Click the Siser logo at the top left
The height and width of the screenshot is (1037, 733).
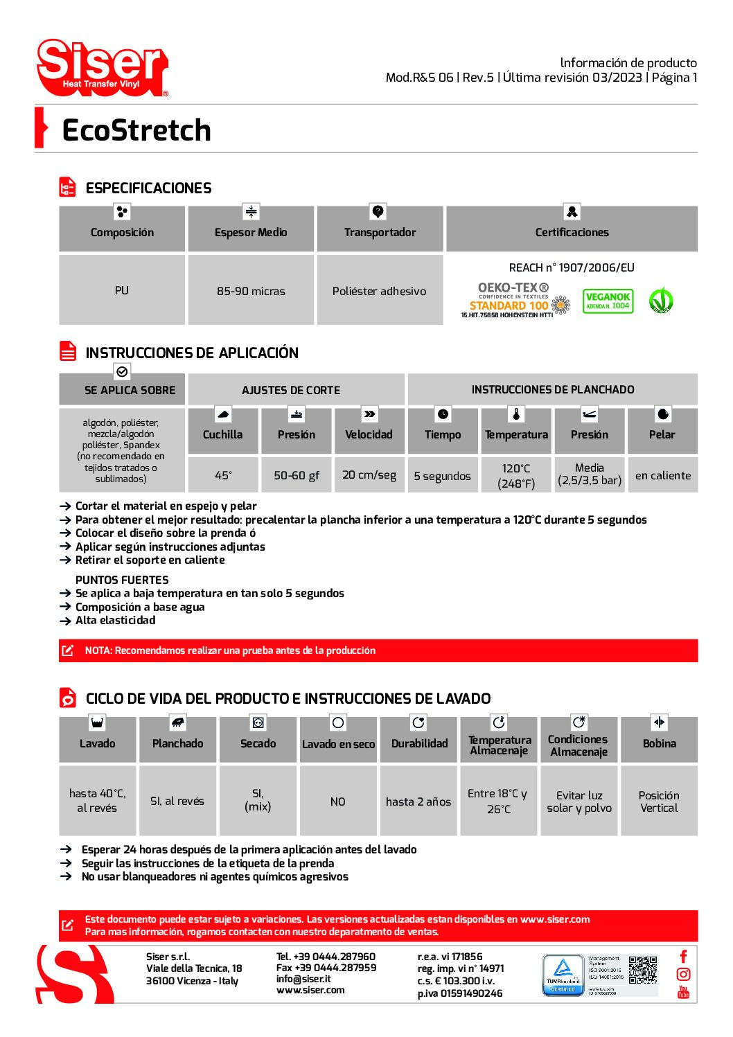102,67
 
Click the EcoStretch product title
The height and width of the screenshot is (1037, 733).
136,130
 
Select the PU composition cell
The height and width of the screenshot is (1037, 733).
122,290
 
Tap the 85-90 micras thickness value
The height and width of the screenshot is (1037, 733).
251,291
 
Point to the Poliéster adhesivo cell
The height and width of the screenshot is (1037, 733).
379,291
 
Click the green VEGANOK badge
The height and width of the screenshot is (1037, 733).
608,301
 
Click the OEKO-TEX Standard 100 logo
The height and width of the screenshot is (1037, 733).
514,300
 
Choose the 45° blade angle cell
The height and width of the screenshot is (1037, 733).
223,475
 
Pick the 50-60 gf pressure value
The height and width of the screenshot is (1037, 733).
297,475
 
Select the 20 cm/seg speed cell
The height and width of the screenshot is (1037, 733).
369,475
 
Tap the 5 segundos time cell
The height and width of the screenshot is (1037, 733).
442,476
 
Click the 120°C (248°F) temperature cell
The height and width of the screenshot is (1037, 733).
516,476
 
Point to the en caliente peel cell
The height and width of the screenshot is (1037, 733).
663,475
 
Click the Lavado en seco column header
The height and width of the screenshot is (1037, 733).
338,744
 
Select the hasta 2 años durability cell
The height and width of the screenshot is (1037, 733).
418,801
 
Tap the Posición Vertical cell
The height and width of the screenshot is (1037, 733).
659,801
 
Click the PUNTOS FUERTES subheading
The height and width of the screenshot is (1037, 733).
122,580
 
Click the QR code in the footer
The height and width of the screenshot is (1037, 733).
643,969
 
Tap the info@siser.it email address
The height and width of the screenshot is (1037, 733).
303,979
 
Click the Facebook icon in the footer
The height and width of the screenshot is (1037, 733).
683,957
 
